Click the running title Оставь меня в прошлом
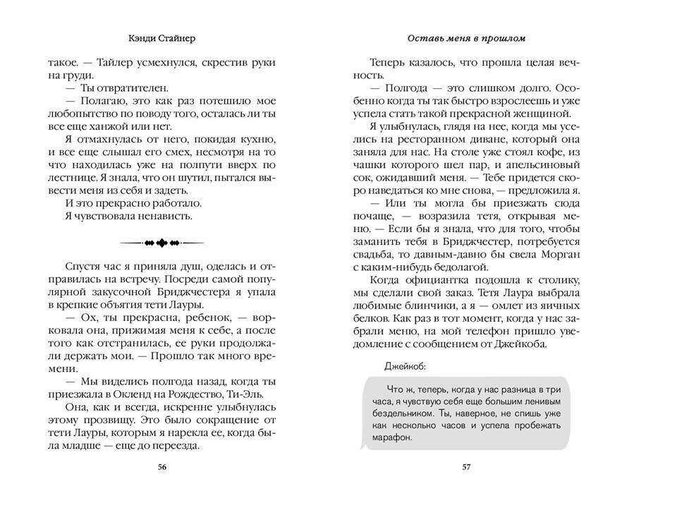pos(465,37)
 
